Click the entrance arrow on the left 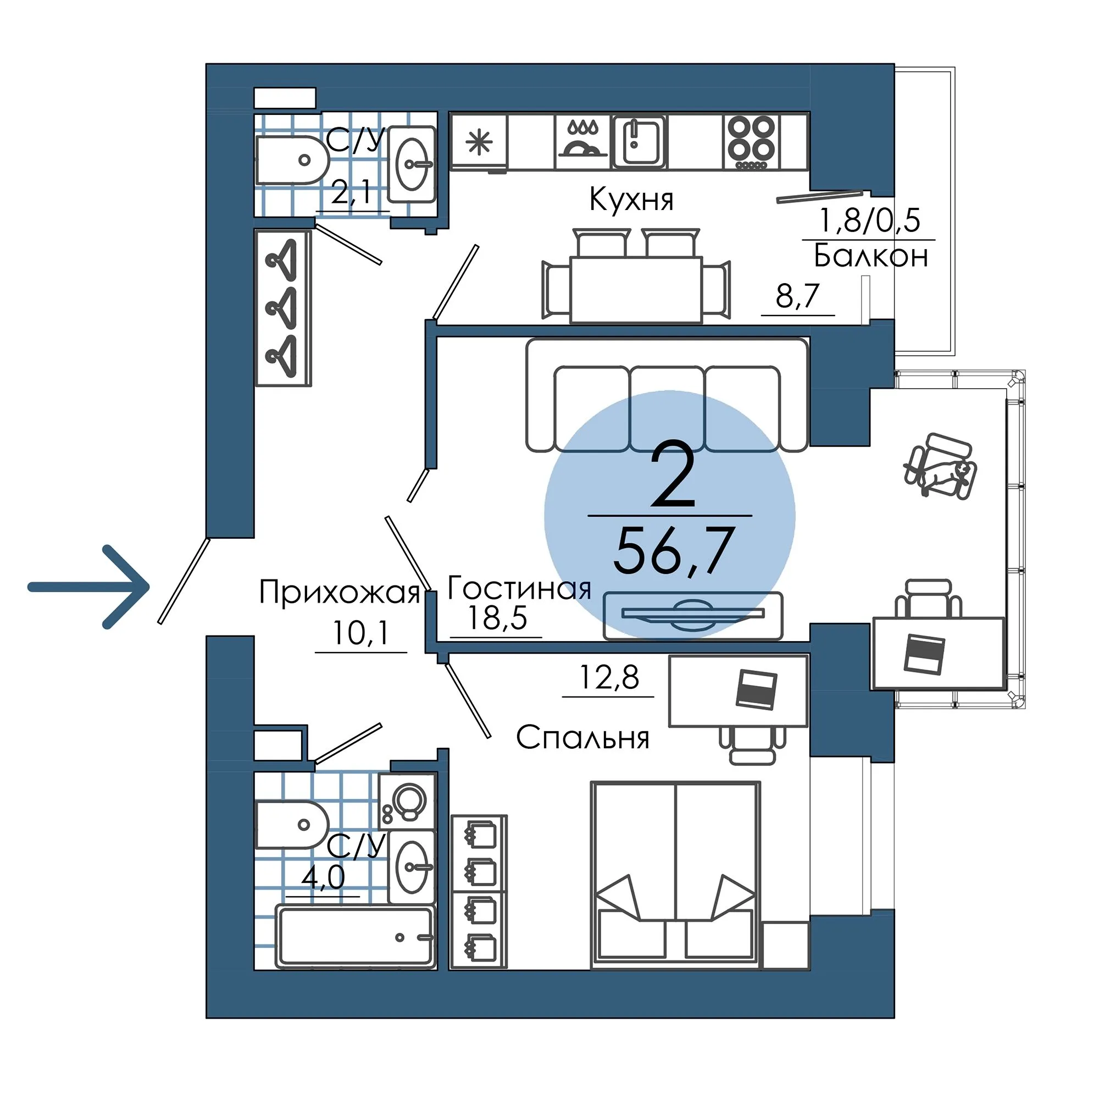point(88,587)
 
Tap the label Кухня point(631,200)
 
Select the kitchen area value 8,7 point(797,295)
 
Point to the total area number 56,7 point(673,550)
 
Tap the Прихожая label point(339,593)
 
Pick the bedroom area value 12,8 point(608,677)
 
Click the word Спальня point(582,738)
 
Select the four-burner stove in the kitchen point(751,142)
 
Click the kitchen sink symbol point(639,142)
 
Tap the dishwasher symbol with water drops point(582,142)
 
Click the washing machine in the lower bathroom point(407,802)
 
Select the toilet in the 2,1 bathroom point(292,160)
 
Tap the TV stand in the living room point(693,616)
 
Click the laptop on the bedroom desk point(756,690)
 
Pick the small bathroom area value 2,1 point(352,193)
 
